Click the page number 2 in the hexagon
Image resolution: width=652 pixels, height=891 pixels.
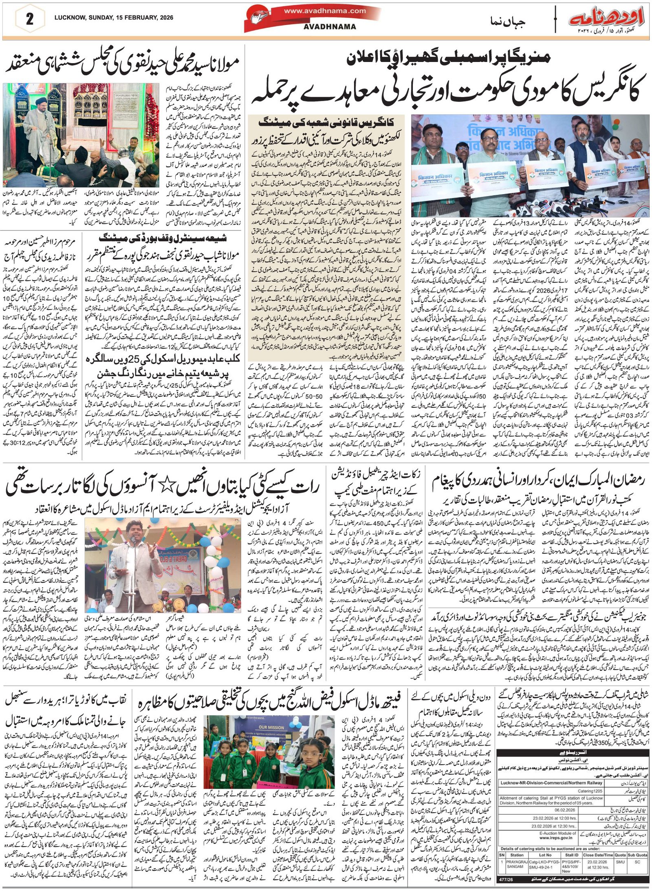[x=29, y=20]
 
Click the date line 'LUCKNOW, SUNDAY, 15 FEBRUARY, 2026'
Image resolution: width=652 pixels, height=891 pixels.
[x=114, y=18]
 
